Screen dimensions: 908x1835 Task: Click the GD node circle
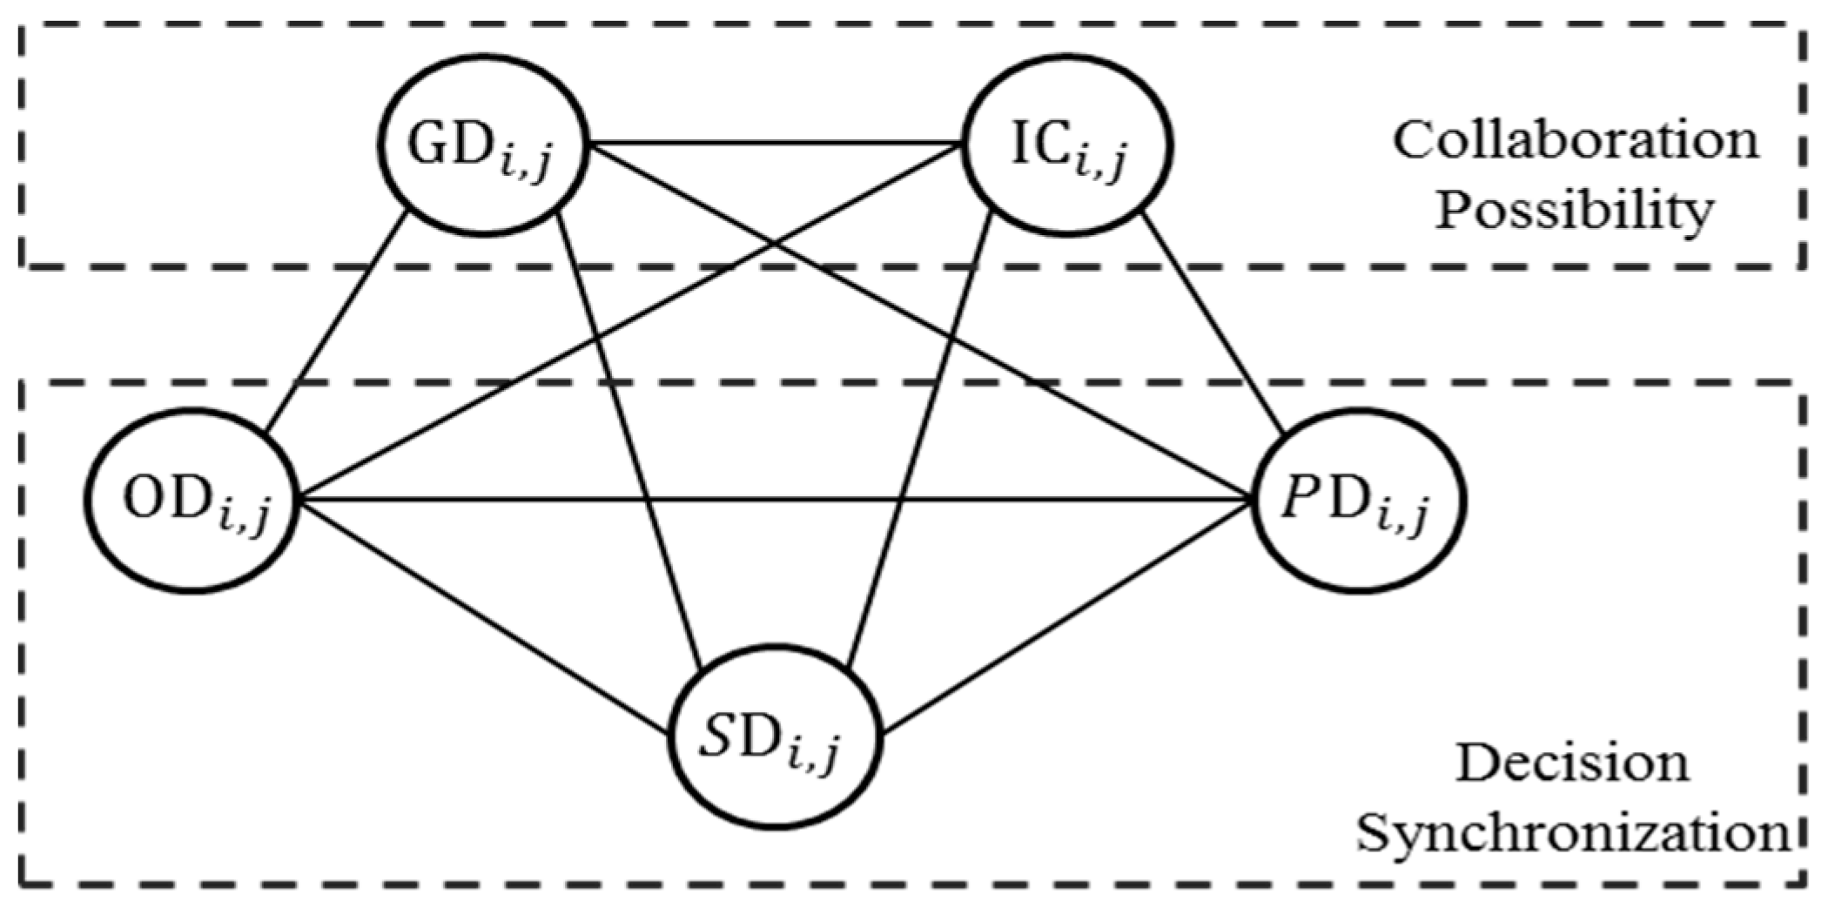(483, 145)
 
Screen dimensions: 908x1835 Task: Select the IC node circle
(1067, 145)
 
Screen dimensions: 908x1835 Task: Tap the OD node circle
(193, 500)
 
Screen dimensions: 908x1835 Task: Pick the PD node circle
(1359, 500)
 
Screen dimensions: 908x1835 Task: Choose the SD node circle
(776, 736)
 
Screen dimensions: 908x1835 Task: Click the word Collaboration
(1576, 141)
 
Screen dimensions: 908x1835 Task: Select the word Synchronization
(1574, 833)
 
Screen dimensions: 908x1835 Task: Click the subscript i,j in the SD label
(813, 754)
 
